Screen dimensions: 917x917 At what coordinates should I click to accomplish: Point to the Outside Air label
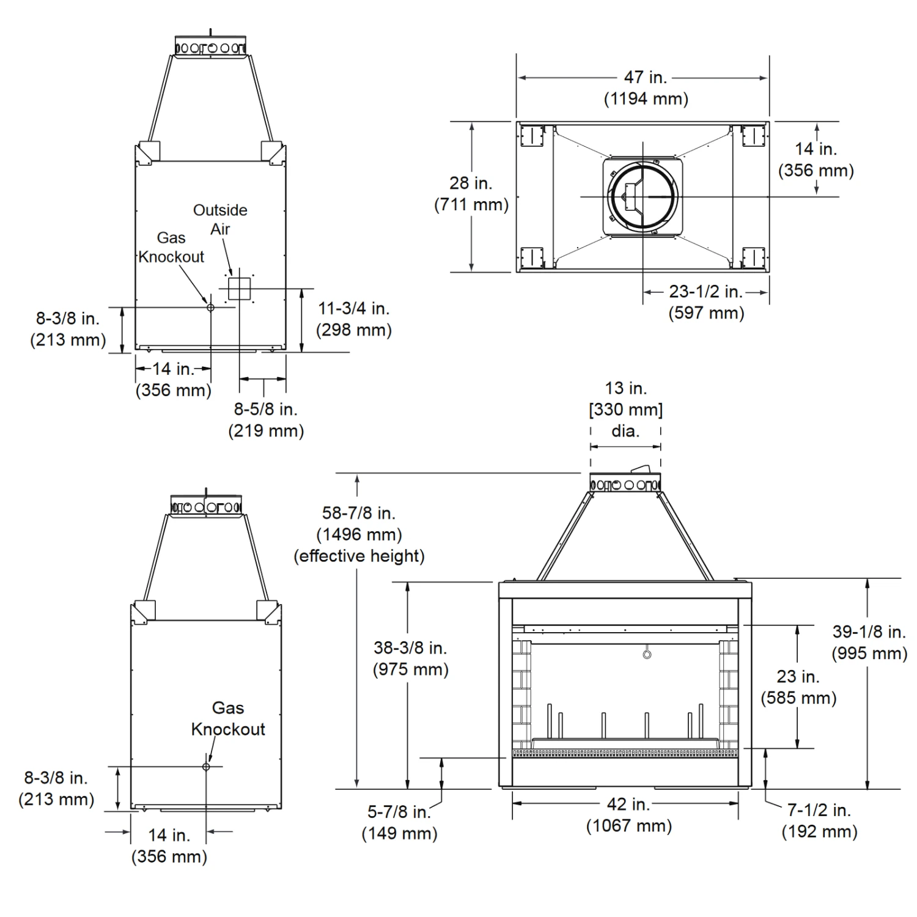pyautogui.click(x=220, y=219)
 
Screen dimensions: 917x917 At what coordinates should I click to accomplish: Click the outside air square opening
pyautogui.click(x=240, y=288)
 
